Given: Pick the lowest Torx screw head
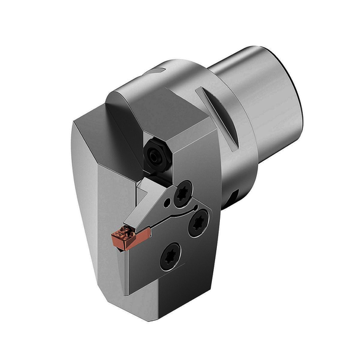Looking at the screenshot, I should tap(170, 256).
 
